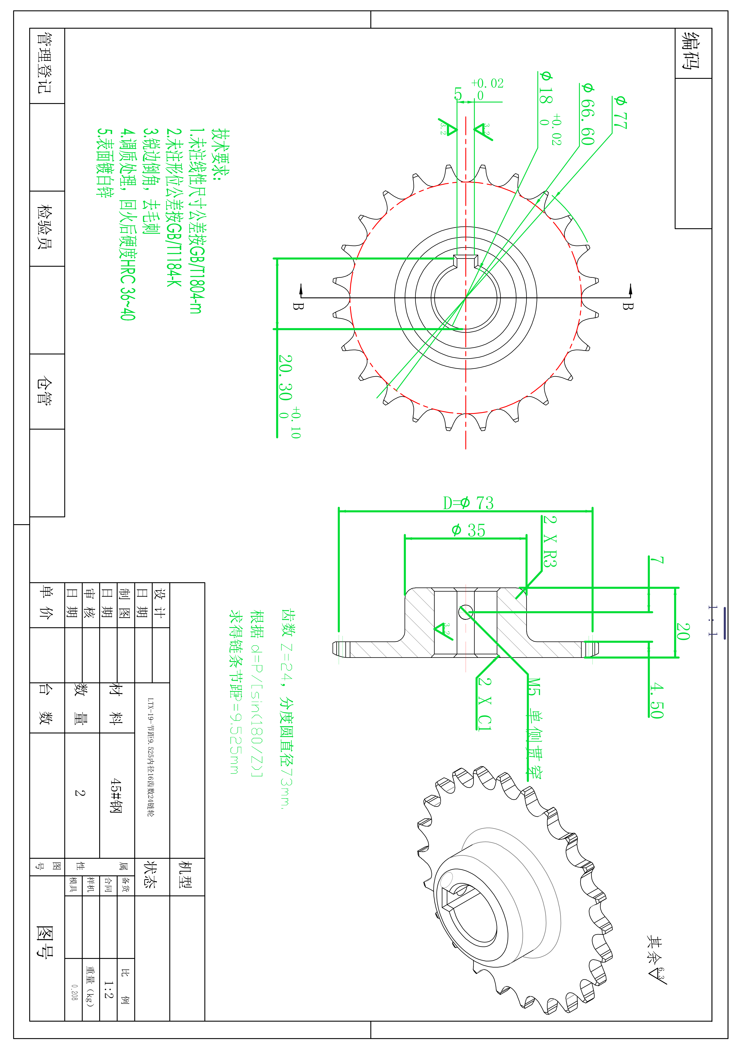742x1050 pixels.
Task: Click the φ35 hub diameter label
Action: pos(468,530)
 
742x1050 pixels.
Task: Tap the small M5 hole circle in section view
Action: pos(465,612)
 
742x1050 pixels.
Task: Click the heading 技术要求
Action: pos(220,155)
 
